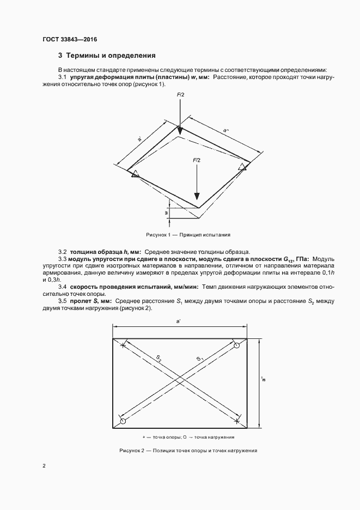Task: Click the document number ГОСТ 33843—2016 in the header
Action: click(69, 39)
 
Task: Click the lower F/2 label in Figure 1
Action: click(197, 161)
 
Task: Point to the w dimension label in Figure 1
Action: click(166, 214)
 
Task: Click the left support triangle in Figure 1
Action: click(133, 174)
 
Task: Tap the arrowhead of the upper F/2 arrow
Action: click(180, 129)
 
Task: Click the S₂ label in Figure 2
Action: click(158, 358)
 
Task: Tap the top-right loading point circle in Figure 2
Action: click(236, 346)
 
